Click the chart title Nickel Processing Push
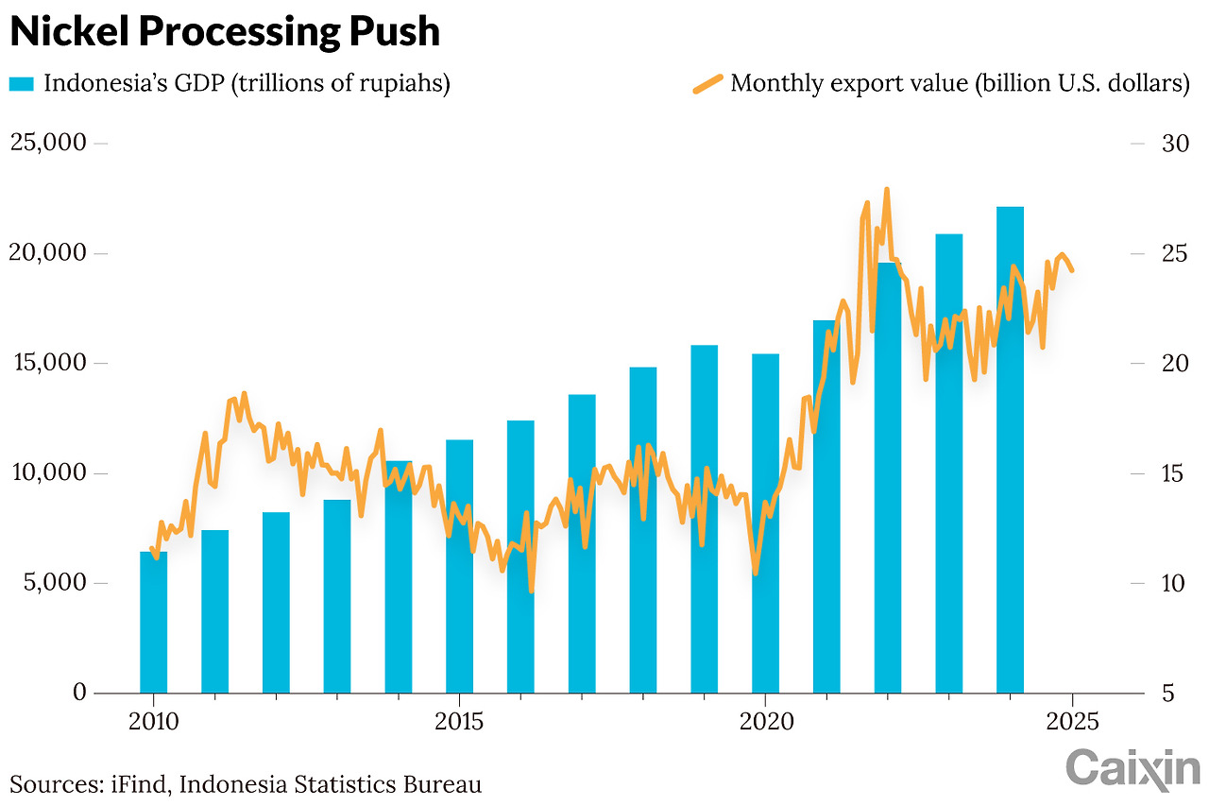click(225, 32)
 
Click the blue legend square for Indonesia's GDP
click(22, 84)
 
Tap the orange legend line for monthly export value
click(707, 84)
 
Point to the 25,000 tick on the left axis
click(61, 143)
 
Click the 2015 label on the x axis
click(458, 723)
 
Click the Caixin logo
click(1133, 768)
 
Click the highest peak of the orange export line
click(887, 190)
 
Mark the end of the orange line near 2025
click(1071, 269)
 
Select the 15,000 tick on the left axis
click(61, 363)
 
